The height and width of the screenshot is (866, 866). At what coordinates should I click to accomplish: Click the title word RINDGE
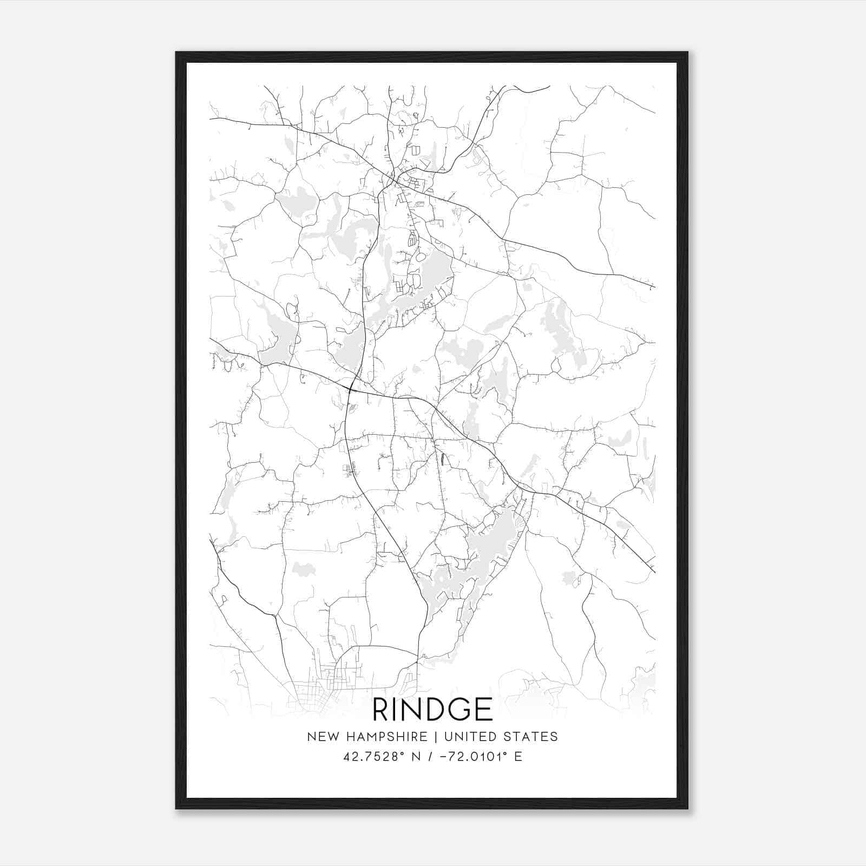click(433, 710)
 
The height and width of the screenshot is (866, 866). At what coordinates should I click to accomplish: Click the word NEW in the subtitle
click(321, 737)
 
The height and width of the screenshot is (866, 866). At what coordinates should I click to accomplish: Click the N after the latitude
click(416, 757)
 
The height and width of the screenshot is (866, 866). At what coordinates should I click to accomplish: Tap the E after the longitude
click(519, 757)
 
